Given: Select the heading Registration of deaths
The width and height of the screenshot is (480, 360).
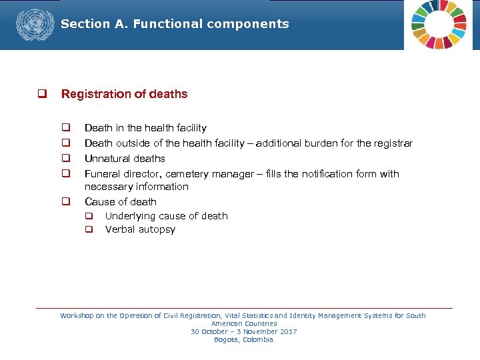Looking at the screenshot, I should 124,94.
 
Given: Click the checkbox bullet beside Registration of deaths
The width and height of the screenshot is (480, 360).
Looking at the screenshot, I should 41,94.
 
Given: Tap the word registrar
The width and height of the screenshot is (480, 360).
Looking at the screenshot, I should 393,143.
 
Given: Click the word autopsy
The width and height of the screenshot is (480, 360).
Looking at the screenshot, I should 157,229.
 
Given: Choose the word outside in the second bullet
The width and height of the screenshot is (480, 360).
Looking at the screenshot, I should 133,143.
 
